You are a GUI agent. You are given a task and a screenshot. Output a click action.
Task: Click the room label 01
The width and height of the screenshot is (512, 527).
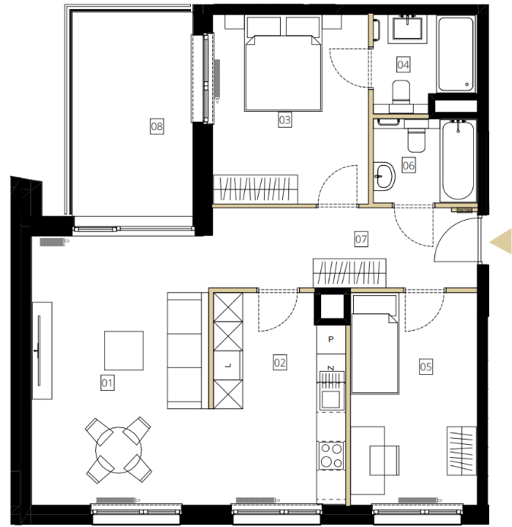[107, 383]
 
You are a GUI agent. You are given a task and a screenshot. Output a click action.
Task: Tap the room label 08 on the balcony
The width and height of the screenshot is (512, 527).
[157, 126]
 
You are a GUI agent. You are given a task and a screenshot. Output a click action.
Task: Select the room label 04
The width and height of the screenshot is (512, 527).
[403, 64]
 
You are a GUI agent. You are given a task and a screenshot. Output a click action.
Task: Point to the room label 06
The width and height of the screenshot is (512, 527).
[409, 165]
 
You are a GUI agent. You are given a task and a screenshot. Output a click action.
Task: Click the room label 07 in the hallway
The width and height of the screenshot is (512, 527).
[361, 239]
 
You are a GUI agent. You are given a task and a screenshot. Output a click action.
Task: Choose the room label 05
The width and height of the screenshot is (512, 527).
[425, 367]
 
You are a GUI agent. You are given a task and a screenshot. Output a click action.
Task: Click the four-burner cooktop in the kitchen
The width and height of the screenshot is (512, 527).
[331, 456]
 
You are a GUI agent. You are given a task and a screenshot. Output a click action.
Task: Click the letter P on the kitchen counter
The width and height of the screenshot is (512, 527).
[331, 339]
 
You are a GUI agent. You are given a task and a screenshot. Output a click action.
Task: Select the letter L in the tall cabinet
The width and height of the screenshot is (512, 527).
[228, 365]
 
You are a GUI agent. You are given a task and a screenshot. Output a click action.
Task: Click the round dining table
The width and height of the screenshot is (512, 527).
[119, 450]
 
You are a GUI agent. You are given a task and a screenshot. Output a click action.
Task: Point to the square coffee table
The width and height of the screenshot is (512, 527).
[124, 351]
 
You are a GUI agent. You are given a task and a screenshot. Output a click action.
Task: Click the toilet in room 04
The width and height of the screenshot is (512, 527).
[401, 91]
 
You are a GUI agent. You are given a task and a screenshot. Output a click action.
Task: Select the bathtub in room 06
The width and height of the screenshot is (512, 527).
[458, 160]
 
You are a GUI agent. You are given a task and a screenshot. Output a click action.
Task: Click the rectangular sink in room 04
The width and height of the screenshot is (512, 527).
[408, 29]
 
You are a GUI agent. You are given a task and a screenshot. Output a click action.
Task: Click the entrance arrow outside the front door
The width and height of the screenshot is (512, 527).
[501, 241]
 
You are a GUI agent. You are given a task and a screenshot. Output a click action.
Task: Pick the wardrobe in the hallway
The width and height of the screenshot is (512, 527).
[349, 272]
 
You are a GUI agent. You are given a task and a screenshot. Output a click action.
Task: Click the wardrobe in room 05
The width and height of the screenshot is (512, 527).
[462, 451]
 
